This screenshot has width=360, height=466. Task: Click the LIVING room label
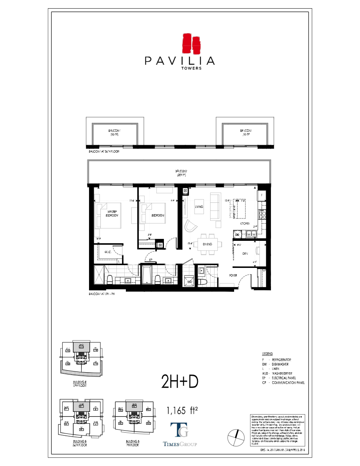click(199, 207)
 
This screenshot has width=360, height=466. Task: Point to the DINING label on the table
click(207, 244)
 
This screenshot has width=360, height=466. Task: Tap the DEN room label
click(245, 253)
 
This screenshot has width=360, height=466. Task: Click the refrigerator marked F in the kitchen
click(262, 195)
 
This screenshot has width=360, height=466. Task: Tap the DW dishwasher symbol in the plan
click(237, 235)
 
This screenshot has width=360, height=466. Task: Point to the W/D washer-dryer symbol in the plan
click(189, 281)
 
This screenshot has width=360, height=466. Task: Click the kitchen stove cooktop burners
click(262, 215)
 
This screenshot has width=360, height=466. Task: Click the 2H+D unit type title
click(179, 381)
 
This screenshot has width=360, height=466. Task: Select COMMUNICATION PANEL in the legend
click(288, 383)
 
